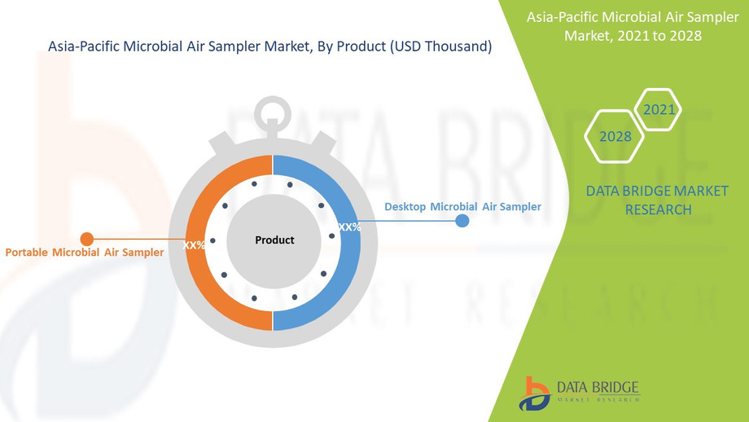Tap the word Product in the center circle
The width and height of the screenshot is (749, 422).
(274, 240)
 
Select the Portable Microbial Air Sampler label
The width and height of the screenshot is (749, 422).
(85, 253)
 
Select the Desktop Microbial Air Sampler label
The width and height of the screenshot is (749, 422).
(462, 207)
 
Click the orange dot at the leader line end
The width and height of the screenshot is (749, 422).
(87, 239)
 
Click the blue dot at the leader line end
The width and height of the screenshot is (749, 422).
(462, 221)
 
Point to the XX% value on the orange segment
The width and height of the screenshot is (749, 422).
(195, 245)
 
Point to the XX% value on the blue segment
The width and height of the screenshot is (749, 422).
(349, 227)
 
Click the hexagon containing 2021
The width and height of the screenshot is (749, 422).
(658, 109)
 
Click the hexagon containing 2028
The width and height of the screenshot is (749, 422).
(615, 136)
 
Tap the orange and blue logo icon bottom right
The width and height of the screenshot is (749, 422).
(534, 392)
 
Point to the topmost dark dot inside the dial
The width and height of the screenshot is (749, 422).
(255, 183)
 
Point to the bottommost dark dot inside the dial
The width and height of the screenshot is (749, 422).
(256, 299)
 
